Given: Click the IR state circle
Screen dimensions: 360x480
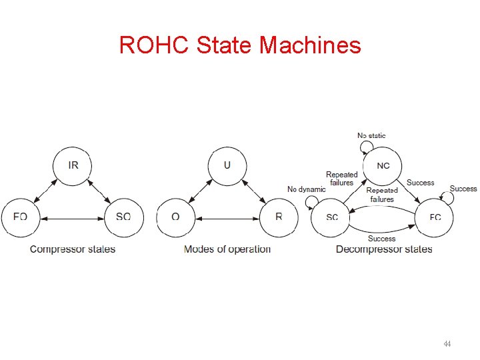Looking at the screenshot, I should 73,165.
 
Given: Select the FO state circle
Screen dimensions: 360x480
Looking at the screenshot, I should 20,217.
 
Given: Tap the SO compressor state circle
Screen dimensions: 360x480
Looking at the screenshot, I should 124,217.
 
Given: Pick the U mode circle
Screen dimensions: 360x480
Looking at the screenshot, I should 227,165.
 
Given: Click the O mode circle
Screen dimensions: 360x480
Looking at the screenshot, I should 175,217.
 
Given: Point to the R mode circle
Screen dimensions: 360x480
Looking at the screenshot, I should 279,217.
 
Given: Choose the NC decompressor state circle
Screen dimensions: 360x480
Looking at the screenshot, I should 383,165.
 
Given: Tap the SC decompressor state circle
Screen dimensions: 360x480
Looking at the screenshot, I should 331,217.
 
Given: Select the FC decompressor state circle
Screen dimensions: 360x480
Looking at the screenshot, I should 435,217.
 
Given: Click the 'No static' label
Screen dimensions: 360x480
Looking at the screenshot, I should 371,136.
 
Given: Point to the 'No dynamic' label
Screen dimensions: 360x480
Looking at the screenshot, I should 307,189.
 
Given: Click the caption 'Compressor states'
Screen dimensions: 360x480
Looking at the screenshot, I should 73,249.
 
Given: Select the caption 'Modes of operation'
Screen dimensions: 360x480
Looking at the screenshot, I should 227,249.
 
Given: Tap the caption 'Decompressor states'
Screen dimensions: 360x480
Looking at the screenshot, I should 384,249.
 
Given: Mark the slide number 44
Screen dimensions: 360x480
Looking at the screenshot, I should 447,345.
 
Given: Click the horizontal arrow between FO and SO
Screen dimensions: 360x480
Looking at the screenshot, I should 72,217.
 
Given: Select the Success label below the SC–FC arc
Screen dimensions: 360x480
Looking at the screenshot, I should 381,239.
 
